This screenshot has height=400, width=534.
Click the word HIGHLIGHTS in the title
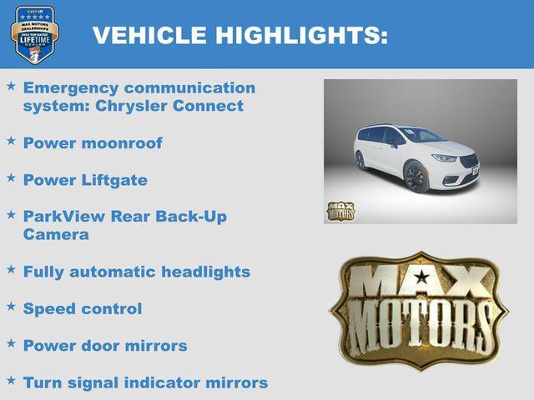coord(301,35)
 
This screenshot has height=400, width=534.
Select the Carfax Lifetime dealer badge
coord(34,34)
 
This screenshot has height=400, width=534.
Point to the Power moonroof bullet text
coord(93,142)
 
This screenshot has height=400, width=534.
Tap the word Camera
coord(55,234)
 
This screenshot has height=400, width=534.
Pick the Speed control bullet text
coord(83,308)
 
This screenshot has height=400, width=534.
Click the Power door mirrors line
coord(105,345)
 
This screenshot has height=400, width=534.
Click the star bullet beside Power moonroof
coord(11,141)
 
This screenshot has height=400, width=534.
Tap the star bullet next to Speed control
coord(11,307)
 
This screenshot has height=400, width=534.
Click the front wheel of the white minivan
coord(416,177)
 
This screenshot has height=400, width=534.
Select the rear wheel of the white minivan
coord(360,160)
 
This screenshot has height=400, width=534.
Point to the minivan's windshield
coord(422,135)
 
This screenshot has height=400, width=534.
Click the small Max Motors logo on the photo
coord(340,209)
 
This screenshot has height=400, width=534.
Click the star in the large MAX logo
coord(422,277)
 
